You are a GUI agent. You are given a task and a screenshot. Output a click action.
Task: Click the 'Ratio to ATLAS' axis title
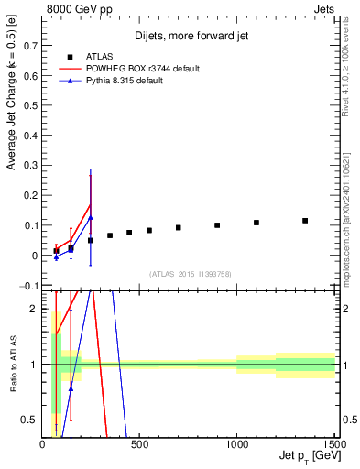coord(12,366)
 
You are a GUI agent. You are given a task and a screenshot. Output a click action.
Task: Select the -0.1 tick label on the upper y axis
coord(27,286)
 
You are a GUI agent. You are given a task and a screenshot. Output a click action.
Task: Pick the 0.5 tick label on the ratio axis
coord(29,420)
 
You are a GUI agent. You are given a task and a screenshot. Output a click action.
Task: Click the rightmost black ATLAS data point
coord(305,221)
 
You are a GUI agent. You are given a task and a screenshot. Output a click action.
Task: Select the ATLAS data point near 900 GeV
coord(217,225)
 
